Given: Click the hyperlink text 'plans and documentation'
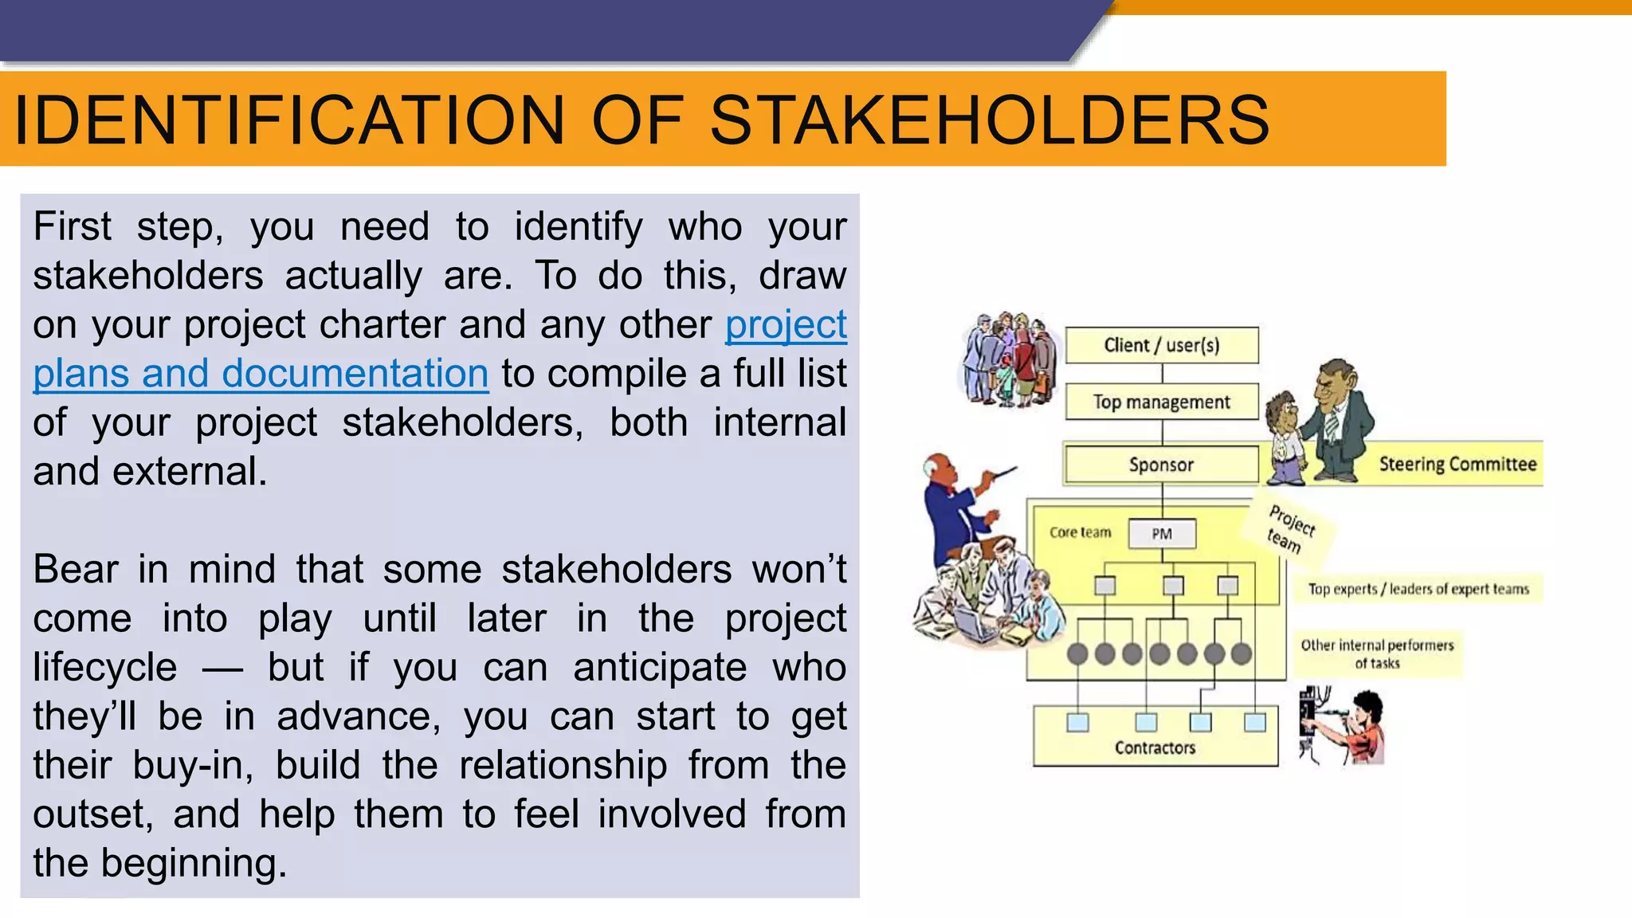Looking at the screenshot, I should pos(261,374).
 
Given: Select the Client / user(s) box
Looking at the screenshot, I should pos(1162,345).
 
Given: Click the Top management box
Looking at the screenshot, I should pos(1162,402).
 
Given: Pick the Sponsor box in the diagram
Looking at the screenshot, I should pos(1162,465).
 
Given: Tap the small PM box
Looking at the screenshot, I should pos(1162,534).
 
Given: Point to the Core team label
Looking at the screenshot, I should pos(1080,532).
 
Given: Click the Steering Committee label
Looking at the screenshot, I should pos(1457,464).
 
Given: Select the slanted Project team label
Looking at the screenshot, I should pos(1289,528).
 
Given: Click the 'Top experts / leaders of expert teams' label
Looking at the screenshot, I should pos(1418,589).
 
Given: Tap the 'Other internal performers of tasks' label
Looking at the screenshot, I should pos(1377,653).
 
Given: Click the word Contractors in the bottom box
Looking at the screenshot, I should pos(1155,747).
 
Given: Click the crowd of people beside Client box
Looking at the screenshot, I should pos(1008,359).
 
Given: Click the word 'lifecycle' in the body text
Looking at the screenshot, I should pos(105,667).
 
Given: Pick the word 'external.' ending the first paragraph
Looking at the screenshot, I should pos(190,472).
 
